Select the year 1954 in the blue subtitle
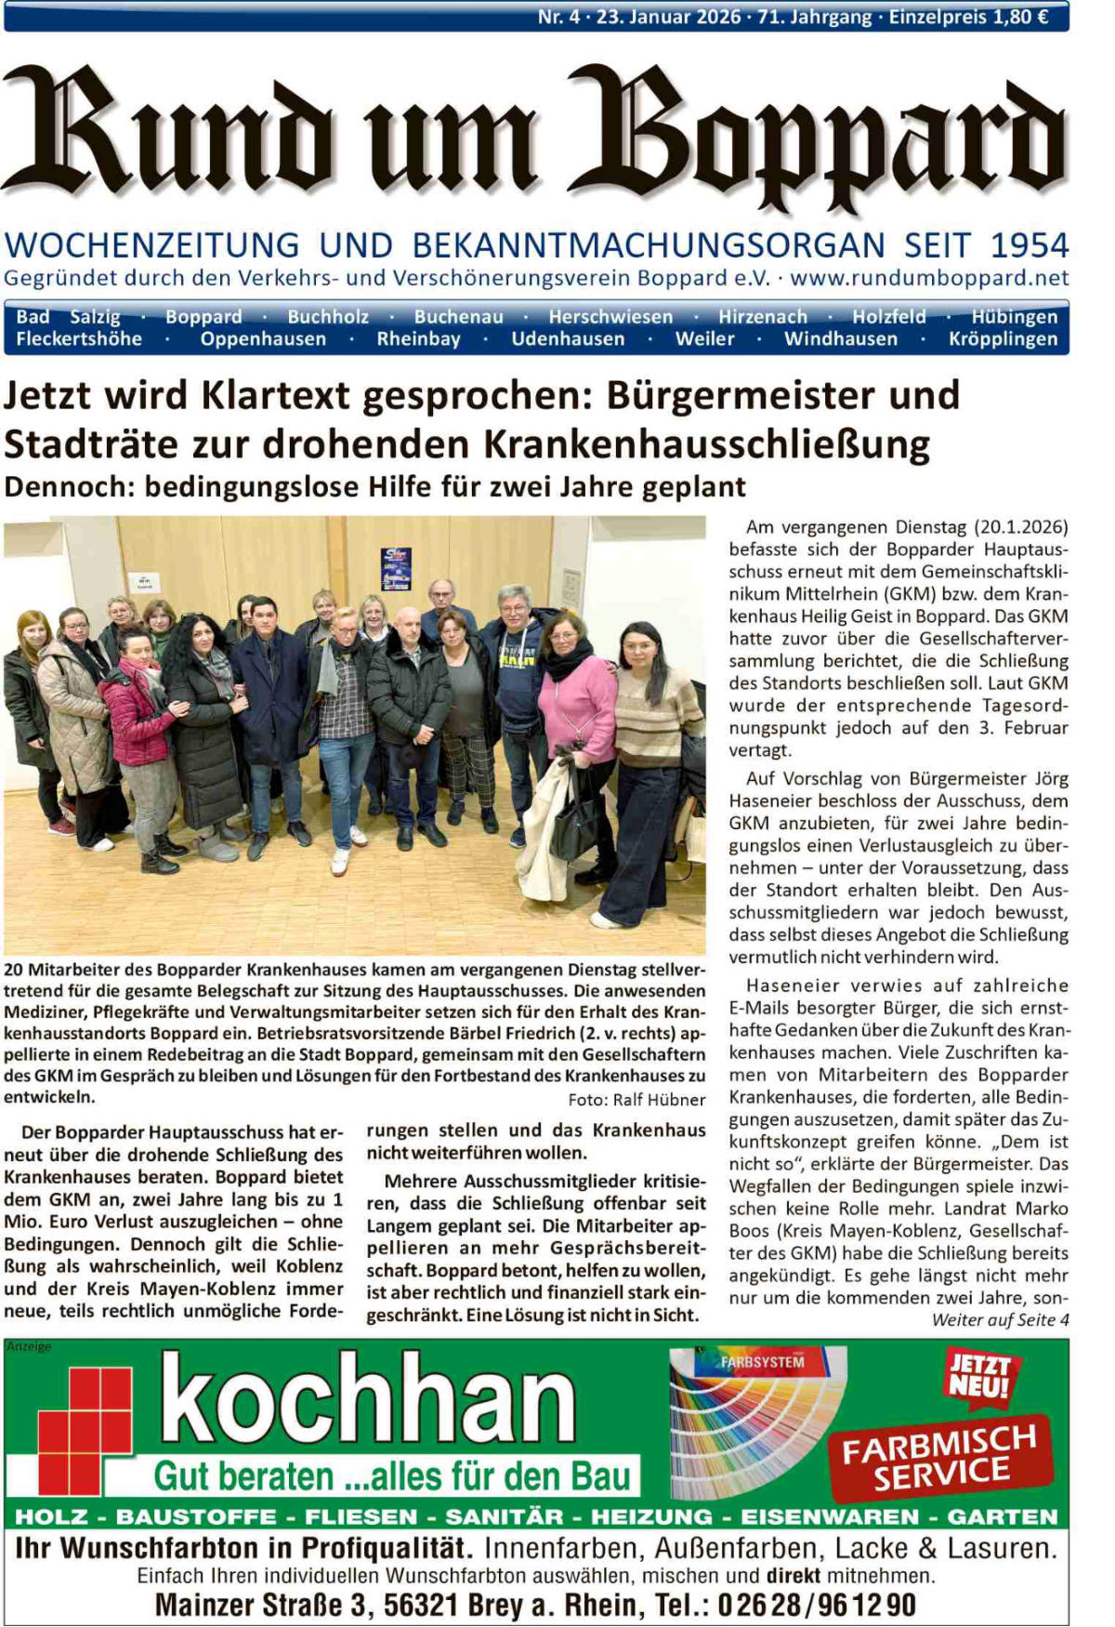pos(1030,245)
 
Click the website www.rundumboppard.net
pos(929,277)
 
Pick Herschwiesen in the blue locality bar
pos(610,317)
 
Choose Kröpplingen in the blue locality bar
pos(1003,339)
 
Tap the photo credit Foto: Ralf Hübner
pos(636,1100)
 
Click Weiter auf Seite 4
pos(1000,1320)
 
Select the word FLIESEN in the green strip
pos(361,1517)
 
